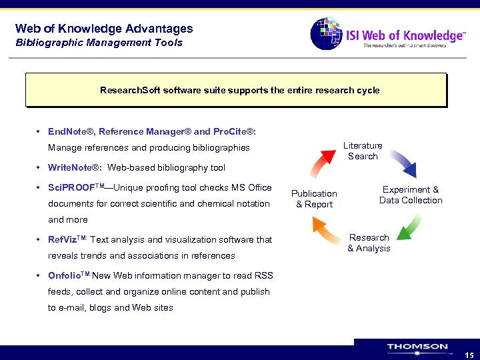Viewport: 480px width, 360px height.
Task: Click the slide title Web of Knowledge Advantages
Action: [x=104, y=29]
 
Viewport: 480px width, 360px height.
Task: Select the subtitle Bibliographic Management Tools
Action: [x=99, y=43]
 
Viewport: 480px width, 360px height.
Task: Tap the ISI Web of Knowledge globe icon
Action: [x=326, y=33]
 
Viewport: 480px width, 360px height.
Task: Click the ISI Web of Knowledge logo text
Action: [x=405, y=36]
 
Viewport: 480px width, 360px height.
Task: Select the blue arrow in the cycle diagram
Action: [x=403, y=162]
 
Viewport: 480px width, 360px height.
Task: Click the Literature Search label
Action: [x=363, y=151]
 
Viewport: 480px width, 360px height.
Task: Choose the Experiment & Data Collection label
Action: [x=411, y=195]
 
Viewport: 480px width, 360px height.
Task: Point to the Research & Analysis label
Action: [x=369, y=243]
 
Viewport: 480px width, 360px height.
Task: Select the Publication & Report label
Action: [x=314, y=199]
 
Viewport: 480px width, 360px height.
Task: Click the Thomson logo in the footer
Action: [x=417, y=348]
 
